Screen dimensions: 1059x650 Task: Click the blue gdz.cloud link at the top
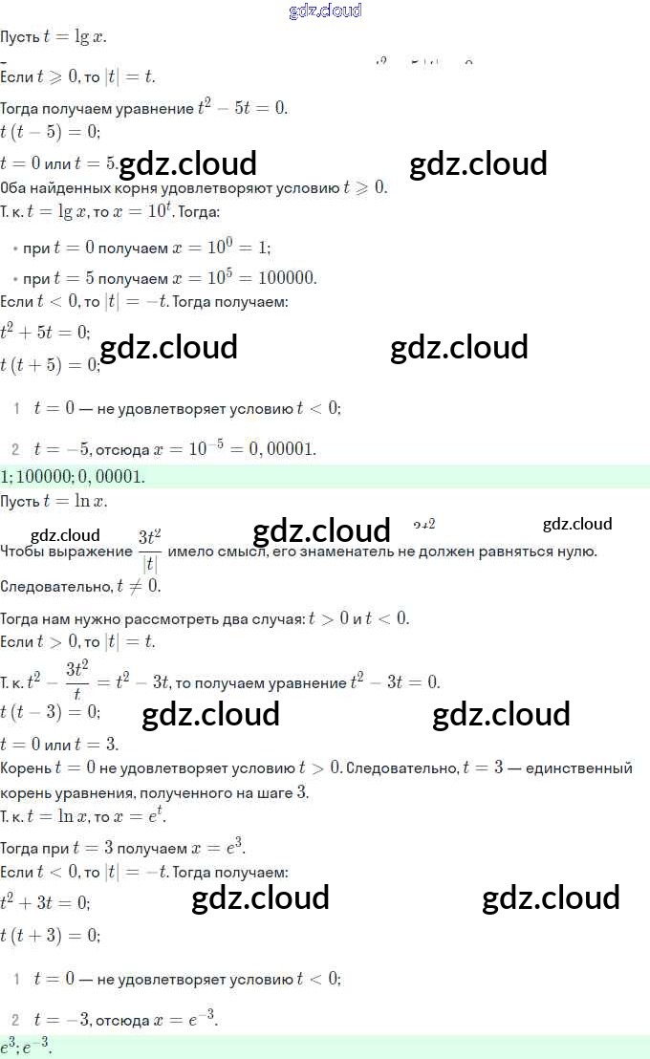click(x=325, y=11)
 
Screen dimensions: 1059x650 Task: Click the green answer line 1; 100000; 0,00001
click(x=74, y=476)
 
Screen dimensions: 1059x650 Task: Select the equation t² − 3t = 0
click(x=395, y=681)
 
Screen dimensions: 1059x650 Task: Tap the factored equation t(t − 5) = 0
click(x=50, y=132)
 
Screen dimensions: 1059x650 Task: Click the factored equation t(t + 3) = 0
click(x=50, y=934)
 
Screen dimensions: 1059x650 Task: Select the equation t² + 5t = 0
click(x=45, y=332)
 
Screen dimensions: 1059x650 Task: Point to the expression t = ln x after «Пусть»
click(x=75, y=501)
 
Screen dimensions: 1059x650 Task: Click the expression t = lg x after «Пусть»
click(x=75, y=37)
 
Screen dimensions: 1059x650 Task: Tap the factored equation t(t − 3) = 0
click(x=50, y=712)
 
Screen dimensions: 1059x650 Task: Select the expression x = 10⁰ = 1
click(x=221, y=247)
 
